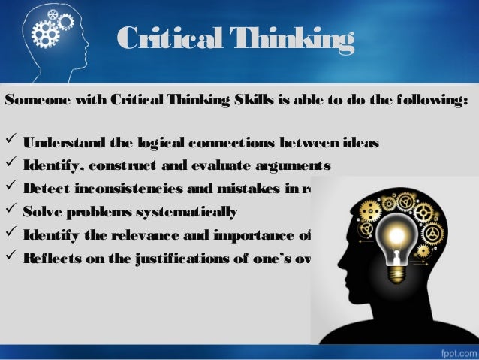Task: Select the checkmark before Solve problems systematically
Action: [12, 211]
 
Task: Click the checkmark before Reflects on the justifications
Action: [12, 258]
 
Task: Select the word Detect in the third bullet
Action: [44, 189]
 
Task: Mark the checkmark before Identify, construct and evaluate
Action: [12, 165]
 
